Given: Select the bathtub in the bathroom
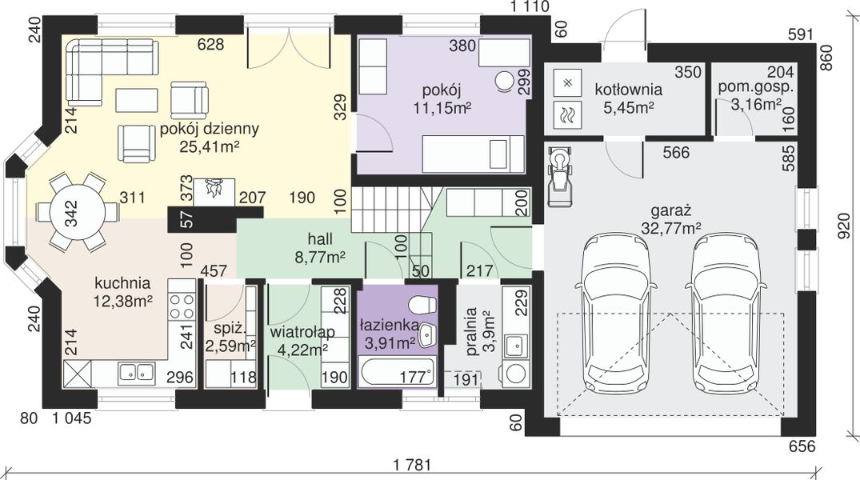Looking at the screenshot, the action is [398, 372].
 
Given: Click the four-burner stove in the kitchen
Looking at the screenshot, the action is [182, 306].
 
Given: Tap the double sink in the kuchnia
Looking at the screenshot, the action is [134, 373].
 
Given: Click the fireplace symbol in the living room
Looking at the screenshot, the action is [215, 191].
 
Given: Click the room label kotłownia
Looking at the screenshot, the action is [629, 89].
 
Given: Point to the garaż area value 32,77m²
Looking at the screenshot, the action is [670, 228].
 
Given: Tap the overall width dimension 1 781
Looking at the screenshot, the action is [413, 465].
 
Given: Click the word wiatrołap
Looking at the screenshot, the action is [302, 333].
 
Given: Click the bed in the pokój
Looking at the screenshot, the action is [473, 154].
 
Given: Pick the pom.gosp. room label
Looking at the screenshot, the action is [756, 86].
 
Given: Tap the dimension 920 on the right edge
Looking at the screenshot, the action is [845, 226].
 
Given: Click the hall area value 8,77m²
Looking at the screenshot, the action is [320, 256].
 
